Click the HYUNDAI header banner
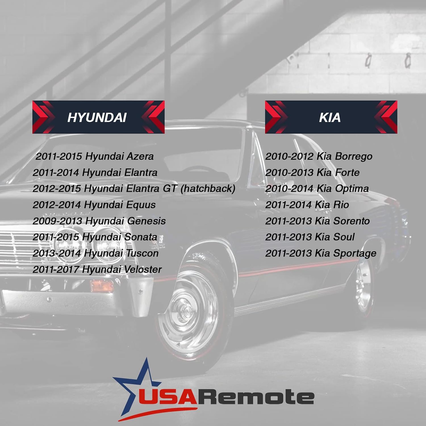[98, 117]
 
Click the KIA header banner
[331, 117]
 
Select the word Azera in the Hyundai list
[140, 156]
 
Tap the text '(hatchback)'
[208, 189]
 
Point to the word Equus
[141, 205]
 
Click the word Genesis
[147, 221]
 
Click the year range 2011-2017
[56, 270]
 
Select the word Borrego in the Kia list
[354, 156]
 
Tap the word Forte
[347, 172]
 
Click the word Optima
[352, 189]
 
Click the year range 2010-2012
[289, 156]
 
